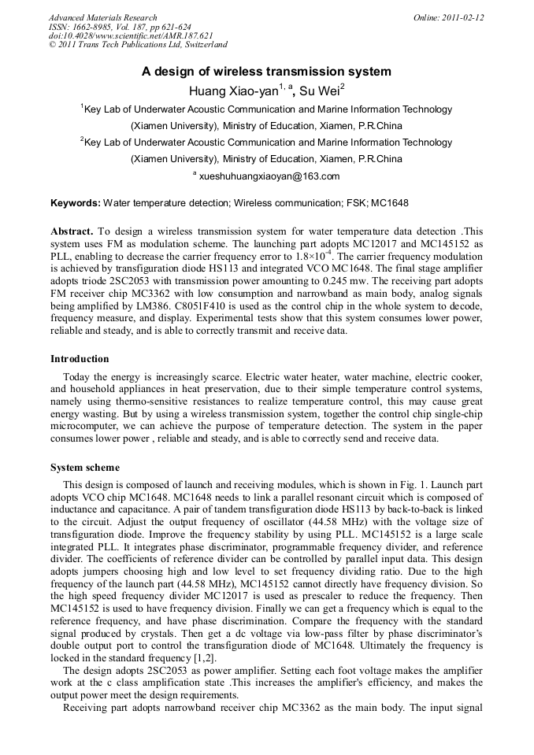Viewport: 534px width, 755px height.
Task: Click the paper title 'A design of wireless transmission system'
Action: tap(266, 72)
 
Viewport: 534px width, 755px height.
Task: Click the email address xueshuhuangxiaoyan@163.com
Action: tap(269, 176)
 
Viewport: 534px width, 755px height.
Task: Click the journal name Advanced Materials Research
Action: tap(102, 17)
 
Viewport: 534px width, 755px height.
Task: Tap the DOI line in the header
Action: tap(131, 36)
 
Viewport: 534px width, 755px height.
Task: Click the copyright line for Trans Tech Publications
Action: tap(138, 46)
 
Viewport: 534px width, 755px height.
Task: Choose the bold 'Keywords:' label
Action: tap(76, 203)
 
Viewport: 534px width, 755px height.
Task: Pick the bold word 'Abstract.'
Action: tap(72, 231)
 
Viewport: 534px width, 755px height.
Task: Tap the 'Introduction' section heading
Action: tap(80, 359)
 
